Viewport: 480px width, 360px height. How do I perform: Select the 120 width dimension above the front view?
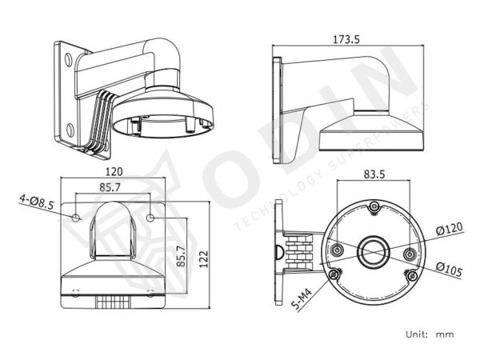[113, 171]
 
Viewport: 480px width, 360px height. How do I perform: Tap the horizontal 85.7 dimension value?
[113, 188]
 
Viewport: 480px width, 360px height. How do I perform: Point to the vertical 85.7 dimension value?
[181, 256]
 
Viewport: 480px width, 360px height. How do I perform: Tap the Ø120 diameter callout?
[449, 230]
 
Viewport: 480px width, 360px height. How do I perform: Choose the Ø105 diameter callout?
[449, 270]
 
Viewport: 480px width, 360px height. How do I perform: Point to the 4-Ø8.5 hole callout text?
[36, 205]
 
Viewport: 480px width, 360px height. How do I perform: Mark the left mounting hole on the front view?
[76, 218]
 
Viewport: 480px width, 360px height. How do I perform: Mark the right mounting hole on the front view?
[151, 218]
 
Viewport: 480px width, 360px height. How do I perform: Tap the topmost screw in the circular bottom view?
[374, 208]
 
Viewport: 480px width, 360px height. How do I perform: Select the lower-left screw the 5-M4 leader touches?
[335, 275]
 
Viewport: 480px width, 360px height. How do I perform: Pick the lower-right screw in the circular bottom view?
[411, 276]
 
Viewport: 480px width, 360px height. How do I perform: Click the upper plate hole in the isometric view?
[67, 58]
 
